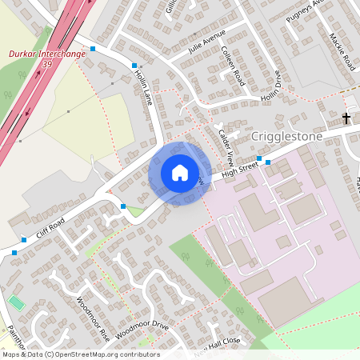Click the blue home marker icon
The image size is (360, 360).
[x=179, y=173]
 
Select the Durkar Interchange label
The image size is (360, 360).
[x=46, y=54]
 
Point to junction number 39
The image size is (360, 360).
[x=47, y=63]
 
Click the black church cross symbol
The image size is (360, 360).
[x=346, y=119]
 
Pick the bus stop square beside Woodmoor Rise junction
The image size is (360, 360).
[x=123, y=206]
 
